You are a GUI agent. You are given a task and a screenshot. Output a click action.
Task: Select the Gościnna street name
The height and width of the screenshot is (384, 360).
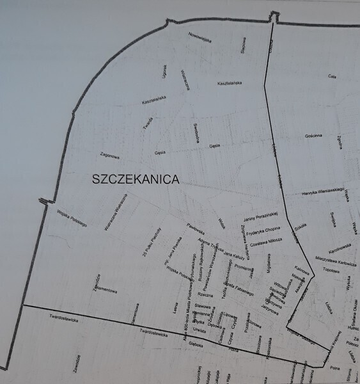tap(317, 136)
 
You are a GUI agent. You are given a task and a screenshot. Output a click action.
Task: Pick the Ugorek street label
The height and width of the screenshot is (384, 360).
tap(164, 71)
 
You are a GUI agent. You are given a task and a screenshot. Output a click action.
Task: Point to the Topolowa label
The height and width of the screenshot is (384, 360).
tap(331, 270)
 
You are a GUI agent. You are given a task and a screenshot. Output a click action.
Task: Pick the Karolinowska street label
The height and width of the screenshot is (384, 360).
tap(341, 248)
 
